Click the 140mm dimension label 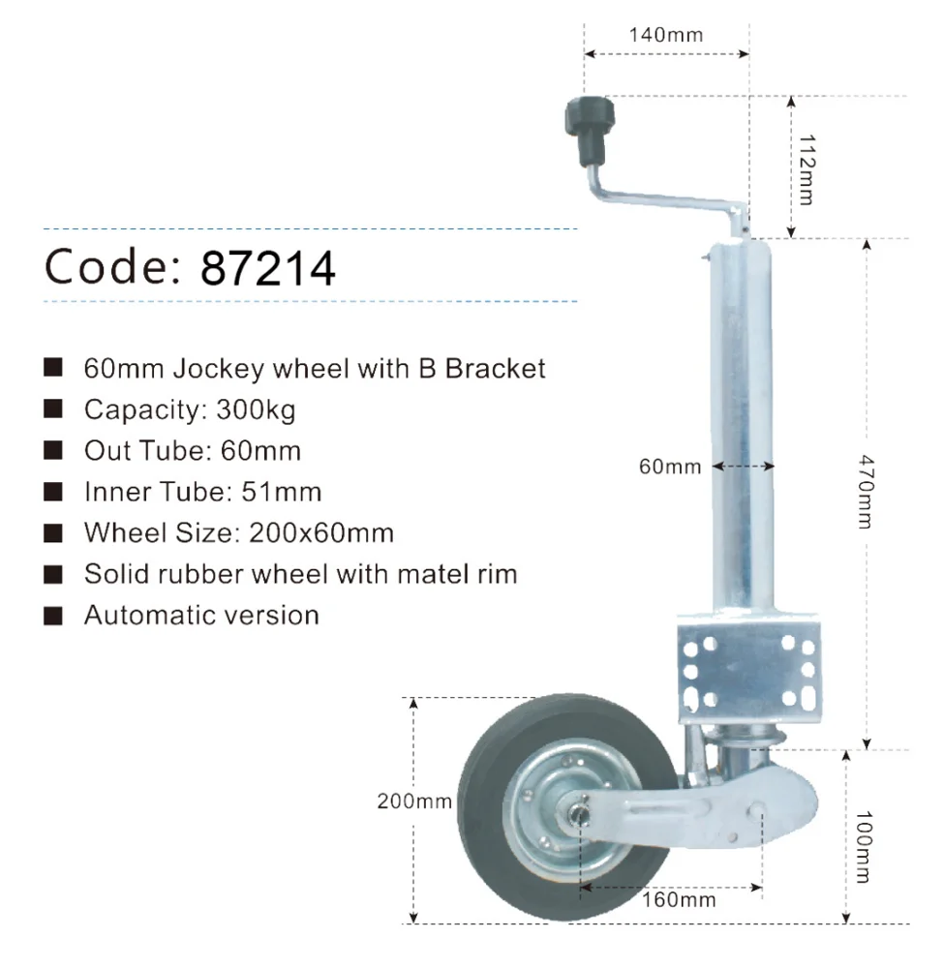665,36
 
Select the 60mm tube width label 670,468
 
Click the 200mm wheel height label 414,802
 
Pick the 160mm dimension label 680,900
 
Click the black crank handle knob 587,132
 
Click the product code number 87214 268,268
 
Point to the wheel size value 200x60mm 320,532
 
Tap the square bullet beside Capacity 54,409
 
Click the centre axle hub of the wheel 581,812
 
